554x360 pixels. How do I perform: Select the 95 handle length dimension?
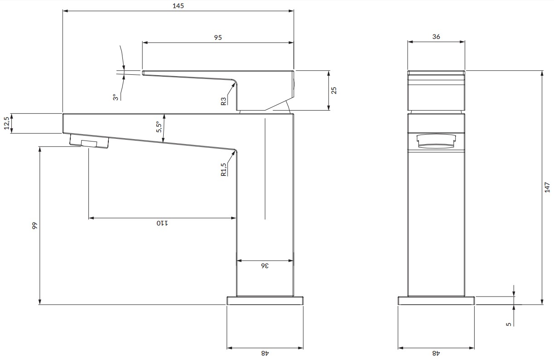[218, 38]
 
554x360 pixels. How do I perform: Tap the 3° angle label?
[116, 97]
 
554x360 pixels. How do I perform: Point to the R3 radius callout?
[224, 101]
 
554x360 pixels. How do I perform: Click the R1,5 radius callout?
[224, 169]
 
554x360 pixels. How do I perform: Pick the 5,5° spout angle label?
[158, 126]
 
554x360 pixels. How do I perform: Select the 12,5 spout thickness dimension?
[6, 123]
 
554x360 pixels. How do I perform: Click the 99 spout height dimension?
[34, 225]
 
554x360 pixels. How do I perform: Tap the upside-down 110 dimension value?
[162, 223]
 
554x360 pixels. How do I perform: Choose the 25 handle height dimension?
[334, 90]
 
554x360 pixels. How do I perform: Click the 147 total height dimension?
[547, 187]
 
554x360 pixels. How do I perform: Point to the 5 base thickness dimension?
[509, 324]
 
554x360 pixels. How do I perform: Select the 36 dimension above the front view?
[436, 37]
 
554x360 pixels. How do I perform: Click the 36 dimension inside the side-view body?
[265, 266]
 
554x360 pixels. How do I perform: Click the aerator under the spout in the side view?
[90, 141]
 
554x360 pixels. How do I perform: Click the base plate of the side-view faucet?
[265, 301]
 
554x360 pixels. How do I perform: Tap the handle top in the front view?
[436, 73]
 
